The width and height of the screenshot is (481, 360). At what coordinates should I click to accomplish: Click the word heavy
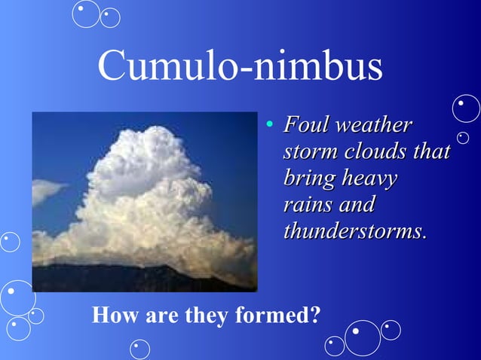click(x=369, y=179)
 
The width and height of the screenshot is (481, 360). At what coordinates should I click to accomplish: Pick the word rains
click(x=305, y=205)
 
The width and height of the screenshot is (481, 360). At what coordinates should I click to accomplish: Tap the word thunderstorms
click(x=354, y=231)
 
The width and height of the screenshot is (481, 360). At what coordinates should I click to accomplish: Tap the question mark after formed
click(x=314, y=316)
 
